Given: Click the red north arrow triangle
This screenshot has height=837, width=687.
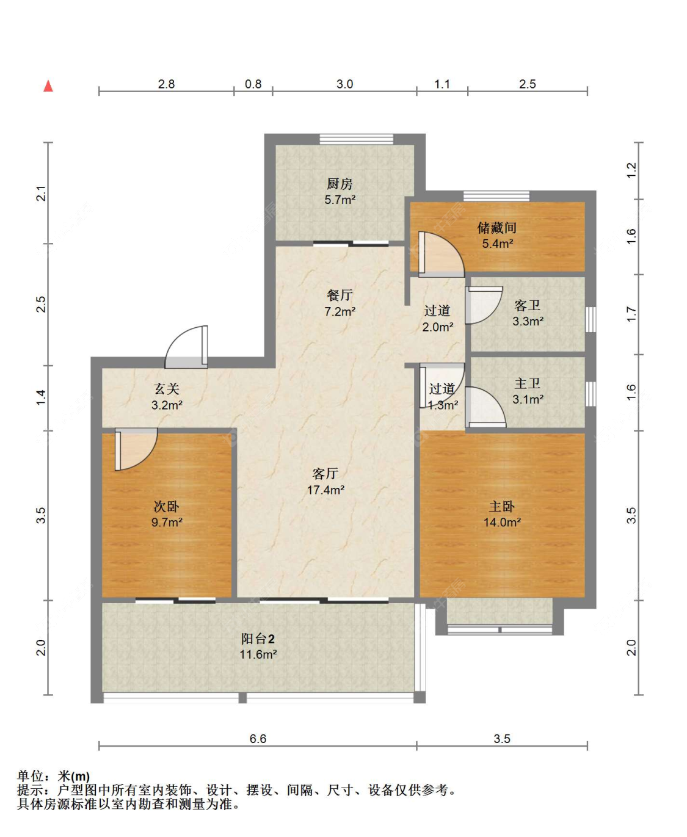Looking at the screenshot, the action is tap(48, 85).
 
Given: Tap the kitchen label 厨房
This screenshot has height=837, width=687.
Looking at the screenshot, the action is tap(340, 184).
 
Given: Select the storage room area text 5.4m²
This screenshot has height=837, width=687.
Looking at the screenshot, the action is tap(498, 243).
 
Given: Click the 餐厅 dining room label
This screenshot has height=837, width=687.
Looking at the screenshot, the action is tap(340, 295).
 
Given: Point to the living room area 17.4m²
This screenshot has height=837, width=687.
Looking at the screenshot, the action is tap(325, 490).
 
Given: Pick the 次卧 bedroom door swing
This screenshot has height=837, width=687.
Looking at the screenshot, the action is tap(136, 449).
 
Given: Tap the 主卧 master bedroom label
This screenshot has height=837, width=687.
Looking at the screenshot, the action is tap(501, 506).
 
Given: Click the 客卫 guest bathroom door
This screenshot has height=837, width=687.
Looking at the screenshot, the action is tap(484, 305).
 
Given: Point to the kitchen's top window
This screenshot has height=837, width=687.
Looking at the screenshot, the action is tap(357, 139).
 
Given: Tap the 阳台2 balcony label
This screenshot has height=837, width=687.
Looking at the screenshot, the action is tap(258, 639).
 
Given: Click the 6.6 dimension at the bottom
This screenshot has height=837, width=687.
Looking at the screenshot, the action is tap(258, 739).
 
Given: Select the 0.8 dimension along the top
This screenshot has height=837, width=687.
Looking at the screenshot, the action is tap(253, 84).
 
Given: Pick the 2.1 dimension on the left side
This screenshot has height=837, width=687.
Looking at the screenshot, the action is tap(42, 194).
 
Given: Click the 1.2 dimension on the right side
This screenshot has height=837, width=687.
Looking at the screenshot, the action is tap(631, 170).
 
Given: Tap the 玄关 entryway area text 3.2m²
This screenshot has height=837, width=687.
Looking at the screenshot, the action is tap(167, 405).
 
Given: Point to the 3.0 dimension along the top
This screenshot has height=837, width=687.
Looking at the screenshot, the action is tap(344, 84).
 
